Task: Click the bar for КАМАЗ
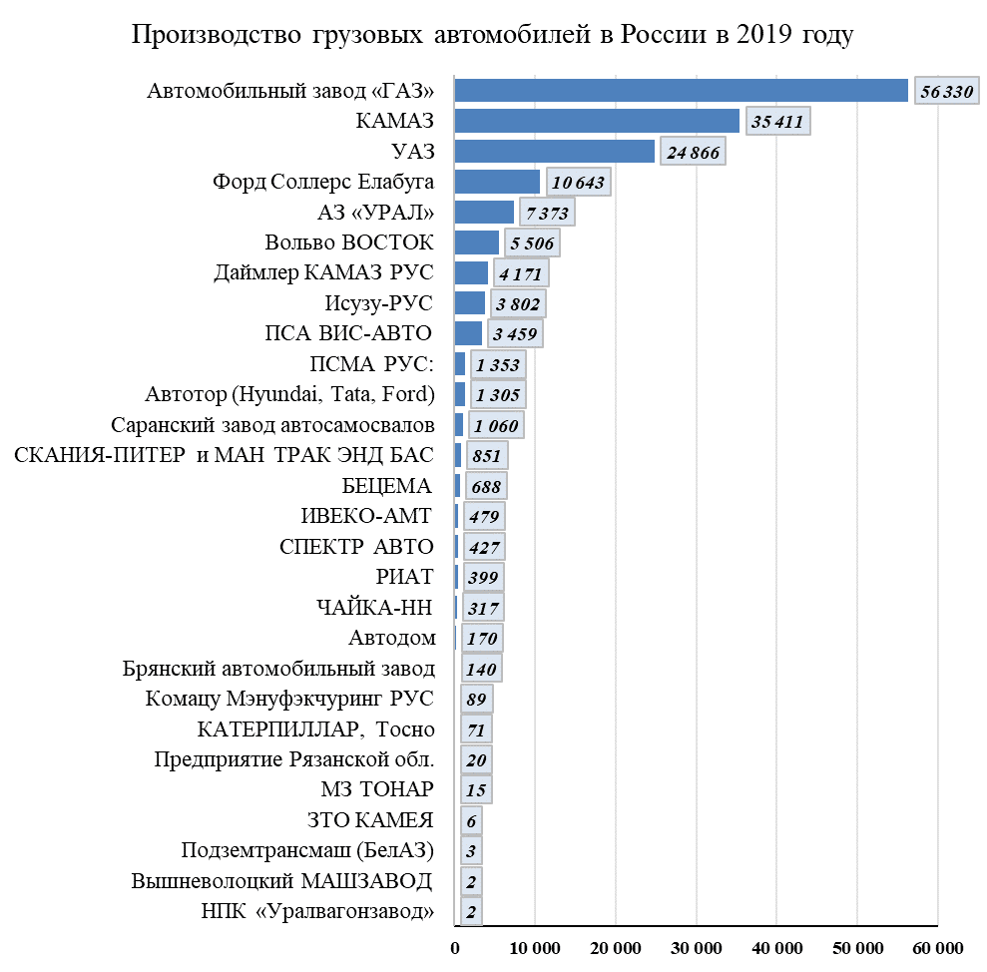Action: pos(597,122)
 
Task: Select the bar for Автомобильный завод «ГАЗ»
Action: pos(681,91)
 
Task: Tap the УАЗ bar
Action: pos(554,152)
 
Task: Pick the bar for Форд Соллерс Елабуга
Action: pos(497,182)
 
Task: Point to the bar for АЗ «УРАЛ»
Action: pos(484,213)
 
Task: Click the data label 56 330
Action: pos(946,92)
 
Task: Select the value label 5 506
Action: pos(533,243)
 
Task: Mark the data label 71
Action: pos(476,729)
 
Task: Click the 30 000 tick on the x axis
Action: pos(697,948)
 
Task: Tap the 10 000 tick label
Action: pos(536,948)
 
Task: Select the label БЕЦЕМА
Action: pos(386,486)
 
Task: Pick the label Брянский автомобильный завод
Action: pos(279,668)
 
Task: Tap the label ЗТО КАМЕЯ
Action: pos(371,820)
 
